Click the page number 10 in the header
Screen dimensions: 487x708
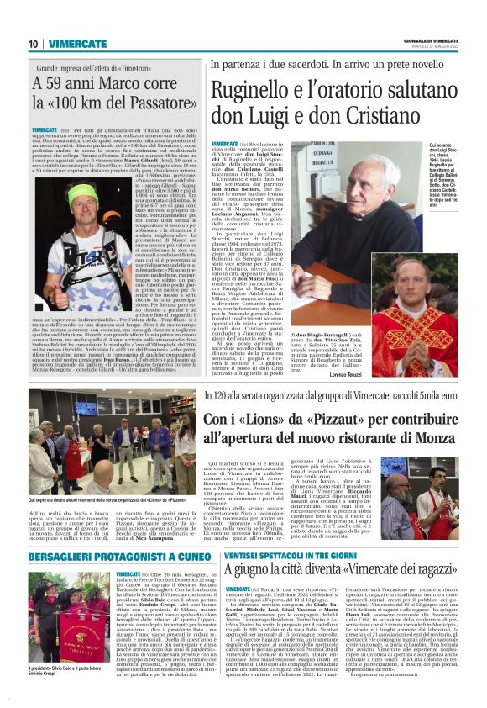(33, 44)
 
